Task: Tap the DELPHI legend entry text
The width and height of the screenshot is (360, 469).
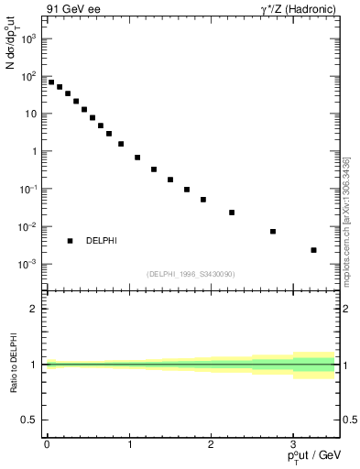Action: click(x=101, y=241)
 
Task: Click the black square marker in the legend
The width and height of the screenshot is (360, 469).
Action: click(x=70, y=241)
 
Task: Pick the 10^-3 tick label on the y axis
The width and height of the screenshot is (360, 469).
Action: click(x=27, y=264)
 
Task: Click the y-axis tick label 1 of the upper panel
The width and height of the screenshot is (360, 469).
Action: click(x=33, y=151)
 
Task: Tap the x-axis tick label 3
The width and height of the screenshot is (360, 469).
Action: click(x=293, y=442)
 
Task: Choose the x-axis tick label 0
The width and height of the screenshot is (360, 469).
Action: click(x=47, y=442)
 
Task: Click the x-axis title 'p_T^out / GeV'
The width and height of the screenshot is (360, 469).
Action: click(x=315, y=456)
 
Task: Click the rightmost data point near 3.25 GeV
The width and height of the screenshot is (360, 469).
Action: click(x=313, y=250)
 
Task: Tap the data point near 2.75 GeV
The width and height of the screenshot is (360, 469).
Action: click(x=273, y=232)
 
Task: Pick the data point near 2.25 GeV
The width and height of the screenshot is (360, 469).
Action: click(x=232, y=213)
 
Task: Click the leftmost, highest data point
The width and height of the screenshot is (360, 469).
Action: click(x=51, y=82)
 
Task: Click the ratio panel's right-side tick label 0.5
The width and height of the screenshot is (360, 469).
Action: click(x=351, y=420)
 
